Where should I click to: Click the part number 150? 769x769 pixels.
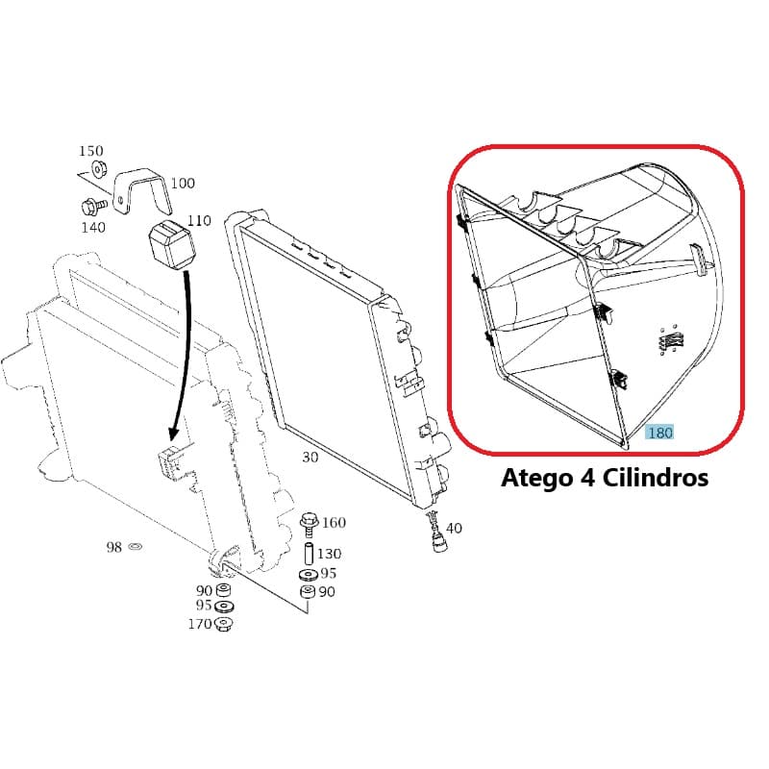point(91,151)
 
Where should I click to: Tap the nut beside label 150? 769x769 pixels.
point(99,170)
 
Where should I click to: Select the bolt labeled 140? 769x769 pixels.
point(93,206)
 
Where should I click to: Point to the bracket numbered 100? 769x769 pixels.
point(142,190)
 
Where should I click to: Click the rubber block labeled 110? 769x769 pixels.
point(172,245)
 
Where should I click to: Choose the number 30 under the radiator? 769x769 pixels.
point(310,458)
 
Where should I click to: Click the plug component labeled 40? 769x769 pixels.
point(437,532)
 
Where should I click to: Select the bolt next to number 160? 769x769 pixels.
point(309,525)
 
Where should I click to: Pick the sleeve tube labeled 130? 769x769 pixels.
point(309,555)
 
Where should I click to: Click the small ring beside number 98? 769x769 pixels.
point(135,546)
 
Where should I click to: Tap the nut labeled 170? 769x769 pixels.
point(224,624)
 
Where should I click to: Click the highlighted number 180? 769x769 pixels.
point(660,433)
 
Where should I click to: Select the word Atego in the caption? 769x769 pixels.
point(536,477)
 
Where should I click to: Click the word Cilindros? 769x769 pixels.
point(656,477)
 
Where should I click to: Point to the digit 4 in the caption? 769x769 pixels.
point(587,477)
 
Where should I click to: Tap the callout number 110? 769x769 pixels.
point(199,221)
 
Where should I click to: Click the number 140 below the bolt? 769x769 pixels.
point(93,227)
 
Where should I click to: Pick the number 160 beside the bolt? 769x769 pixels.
point(334,522)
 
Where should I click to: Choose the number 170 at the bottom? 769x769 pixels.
point(200,624)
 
